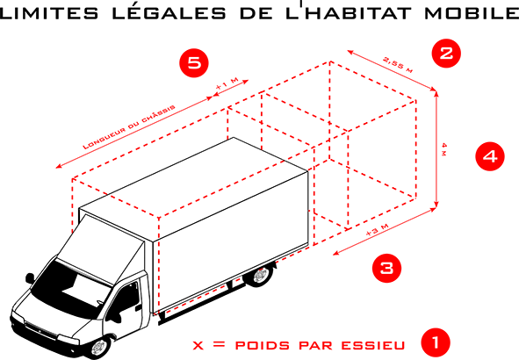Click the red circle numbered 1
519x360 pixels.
pos(436,342)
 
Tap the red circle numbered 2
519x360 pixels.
pos(446,54)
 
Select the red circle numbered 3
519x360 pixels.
pos(386,268)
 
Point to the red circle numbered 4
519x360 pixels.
pos(490,156)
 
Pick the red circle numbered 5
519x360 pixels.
pos(194,63)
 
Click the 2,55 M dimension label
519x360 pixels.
pos(398,64)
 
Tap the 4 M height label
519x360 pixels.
pos(444,149)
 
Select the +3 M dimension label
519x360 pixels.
pos(377,230)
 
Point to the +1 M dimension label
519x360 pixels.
pos(227,83)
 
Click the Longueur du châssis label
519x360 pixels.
pos(129,127)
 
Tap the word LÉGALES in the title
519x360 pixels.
pos(169,12)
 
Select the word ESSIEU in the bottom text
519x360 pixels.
pos(373,345)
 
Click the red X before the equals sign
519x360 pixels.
pos(198,346)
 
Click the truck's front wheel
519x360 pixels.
pos(98,348)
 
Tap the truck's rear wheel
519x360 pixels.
pos(261,275)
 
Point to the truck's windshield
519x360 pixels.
pos(70,289)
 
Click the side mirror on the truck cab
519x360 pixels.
pos(30,278)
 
